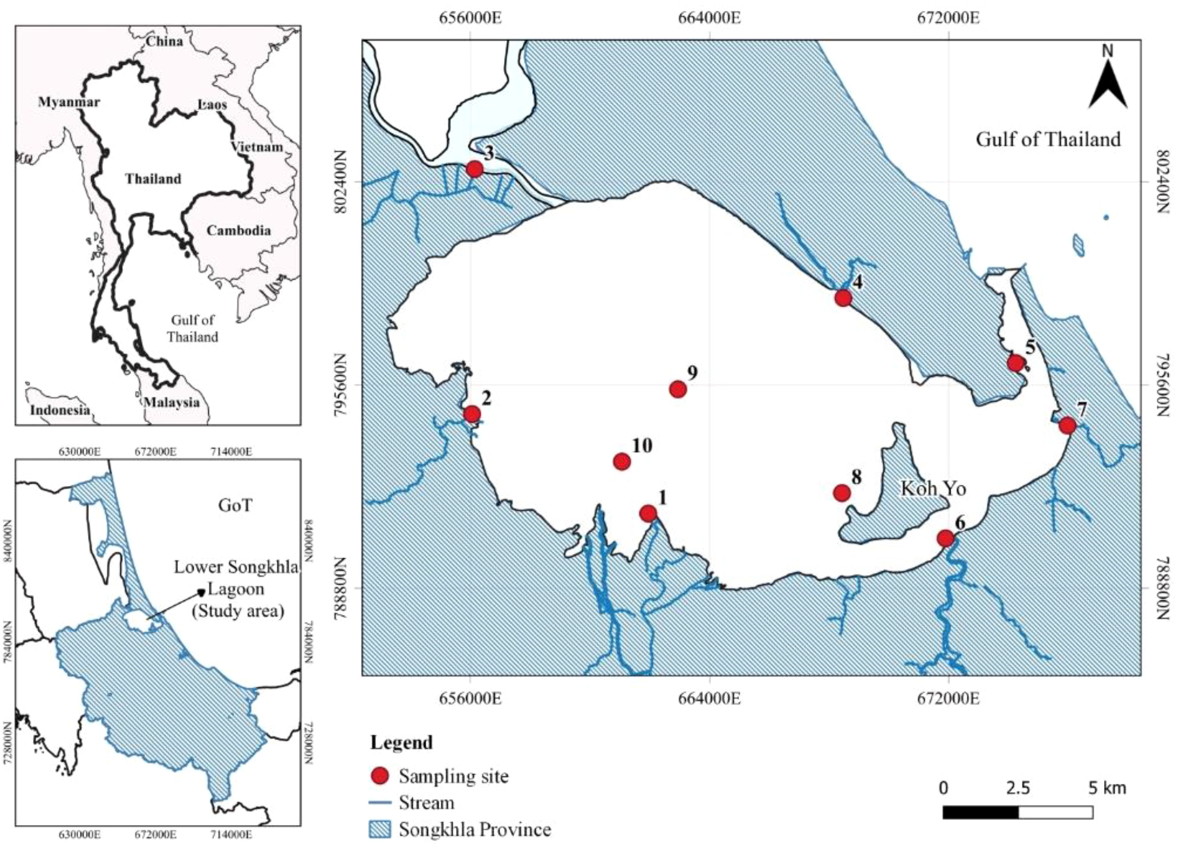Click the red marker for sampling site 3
(474, 169)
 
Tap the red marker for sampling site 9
(678, 389)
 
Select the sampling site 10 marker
(622, 461)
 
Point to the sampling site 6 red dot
(945, 538)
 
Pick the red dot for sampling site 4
(843, 298)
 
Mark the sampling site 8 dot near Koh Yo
(842, 492)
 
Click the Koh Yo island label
(933, 488)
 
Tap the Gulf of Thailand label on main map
(1048, 140)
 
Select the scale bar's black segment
(980, 812)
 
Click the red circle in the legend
(380, 776)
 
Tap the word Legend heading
(401, 742)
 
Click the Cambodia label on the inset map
(238, 231)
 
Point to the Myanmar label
(69, 102)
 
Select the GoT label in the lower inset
(235, 505)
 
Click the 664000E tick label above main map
(709, 19)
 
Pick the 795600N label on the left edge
(342, 385)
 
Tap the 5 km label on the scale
(1107, 788)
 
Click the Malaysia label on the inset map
(171, 402)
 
